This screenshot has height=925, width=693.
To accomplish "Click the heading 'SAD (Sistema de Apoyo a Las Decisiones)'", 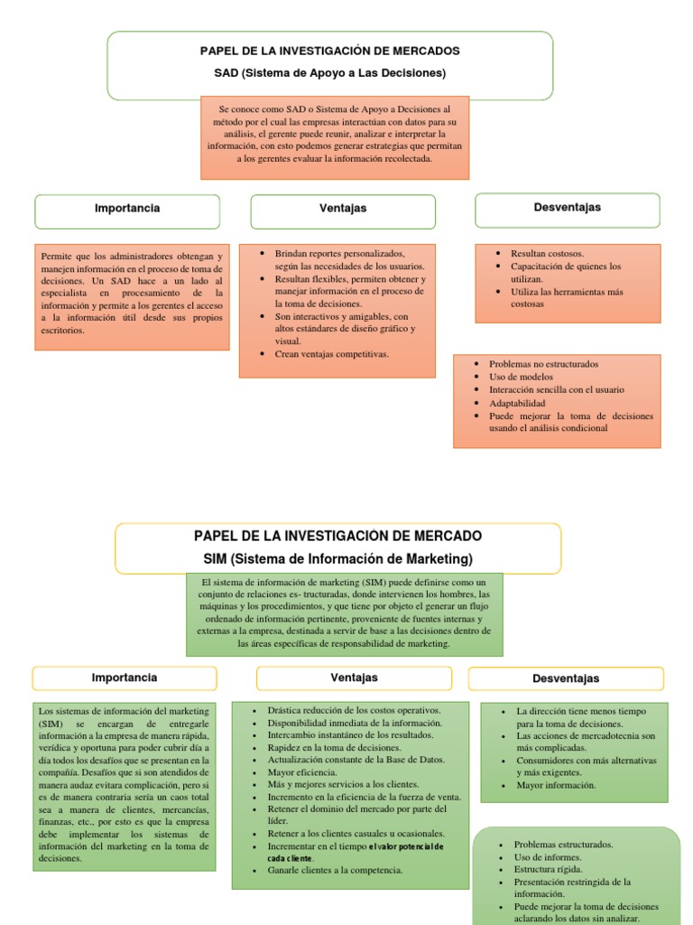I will coord(329,72).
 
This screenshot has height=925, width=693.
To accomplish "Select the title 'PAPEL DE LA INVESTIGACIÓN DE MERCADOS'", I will coord(329,51).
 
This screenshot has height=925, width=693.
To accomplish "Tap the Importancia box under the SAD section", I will coord(127,209).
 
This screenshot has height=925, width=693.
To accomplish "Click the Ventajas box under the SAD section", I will coord(343,209).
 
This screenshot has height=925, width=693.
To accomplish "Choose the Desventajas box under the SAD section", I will coord(567,208).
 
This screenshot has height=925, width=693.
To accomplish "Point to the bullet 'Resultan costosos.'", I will coord(547,254).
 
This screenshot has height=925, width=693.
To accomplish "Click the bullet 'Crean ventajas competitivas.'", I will coord(331,354).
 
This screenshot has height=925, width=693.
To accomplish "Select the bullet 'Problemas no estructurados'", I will coord(543,364).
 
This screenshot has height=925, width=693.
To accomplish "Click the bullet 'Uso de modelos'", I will coord(521,377).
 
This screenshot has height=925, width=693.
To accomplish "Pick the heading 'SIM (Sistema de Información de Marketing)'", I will coord(337,559).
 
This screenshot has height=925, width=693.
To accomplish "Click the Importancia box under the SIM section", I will coord(125,677).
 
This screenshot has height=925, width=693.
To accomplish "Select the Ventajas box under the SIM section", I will coord(354,677).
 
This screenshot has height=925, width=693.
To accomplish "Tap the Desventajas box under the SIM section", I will coord(566,678).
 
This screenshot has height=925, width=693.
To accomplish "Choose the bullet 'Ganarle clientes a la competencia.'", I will coord(335,870).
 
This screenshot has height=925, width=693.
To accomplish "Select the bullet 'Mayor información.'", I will coord(556,785).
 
